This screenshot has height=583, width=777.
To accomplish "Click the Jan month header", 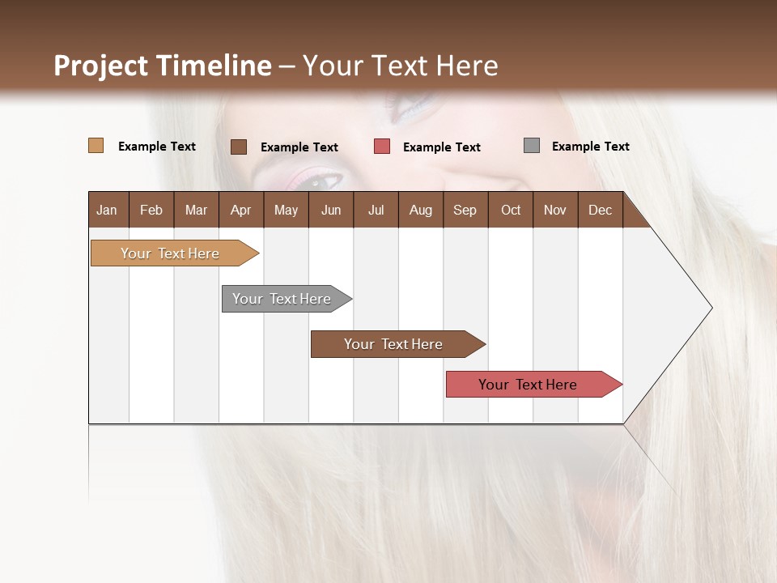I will [107, 210].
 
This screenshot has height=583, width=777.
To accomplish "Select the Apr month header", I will [240, 210].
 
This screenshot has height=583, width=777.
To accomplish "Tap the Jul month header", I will [376, 210].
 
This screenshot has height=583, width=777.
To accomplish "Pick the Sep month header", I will [465, 210].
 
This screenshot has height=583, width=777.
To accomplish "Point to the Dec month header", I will [600, 210].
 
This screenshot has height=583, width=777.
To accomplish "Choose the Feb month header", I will [151, 210].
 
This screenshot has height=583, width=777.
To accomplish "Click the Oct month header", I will [511, 210].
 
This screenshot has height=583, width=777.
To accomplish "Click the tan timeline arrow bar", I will [170, 253].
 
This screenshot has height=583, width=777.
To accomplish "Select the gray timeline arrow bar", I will [282, 299].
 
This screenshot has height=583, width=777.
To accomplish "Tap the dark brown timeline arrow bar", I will [393, 344].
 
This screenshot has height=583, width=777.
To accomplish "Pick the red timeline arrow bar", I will [528, 385].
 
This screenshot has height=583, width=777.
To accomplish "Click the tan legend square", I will [96, 146].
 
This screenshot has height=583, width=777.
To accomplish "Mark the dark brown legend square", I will [238, 147].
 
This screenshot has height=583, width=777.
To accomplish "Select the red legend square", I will [382, 147].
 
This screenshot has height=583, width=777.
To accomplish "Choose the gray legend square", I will [531, 146].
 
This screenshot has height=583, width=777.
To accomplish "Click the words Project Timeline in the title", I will [162, 66].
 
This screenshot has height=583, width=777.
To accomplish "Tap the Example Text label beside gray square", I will [590, 147].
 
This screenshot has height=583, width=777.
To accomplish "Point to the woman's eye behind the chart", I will [320, 178].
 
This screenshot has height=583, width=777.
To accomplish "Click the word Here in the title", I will [467, 66].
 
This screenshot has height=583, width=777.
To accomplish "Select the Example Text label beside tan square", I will [157, 147].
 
